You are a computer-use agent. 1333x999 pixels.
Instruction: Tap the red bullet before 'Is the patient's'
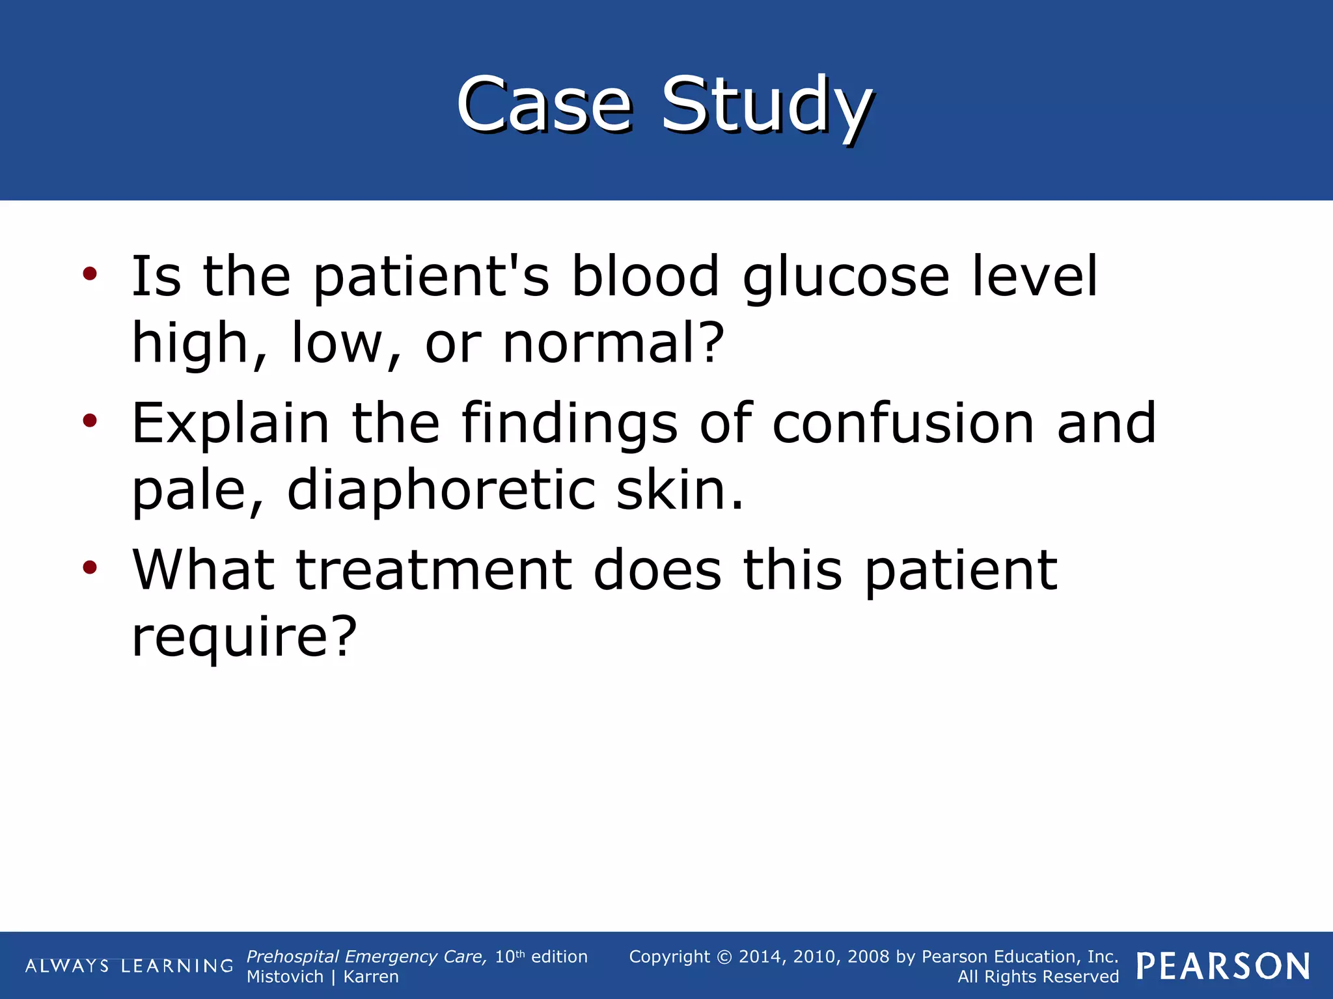tap(90, 273)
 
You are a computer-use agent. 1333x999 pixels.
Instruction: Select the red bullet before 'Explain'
tap(90, 421)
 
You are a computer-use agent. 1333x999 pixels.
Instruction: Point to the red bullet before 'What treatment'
tap(90, 567)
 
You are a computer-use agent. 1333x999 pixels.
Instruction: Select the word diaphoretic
tap(441, 490)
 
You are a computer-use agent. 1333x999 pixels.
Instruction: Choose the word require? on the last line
tap(245, 638)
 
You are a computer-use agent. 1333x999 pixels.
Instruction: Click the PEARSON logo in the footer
tap(1223, 966)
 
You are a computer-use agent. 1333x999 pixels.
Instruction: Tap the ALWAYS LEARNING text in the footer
tap(129, 966)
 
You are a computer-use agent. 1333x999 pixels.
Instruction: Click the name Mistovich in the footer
tap(284, 977)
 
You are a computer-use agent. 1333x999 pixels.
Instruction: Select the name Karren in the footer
tap(371, 977)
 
